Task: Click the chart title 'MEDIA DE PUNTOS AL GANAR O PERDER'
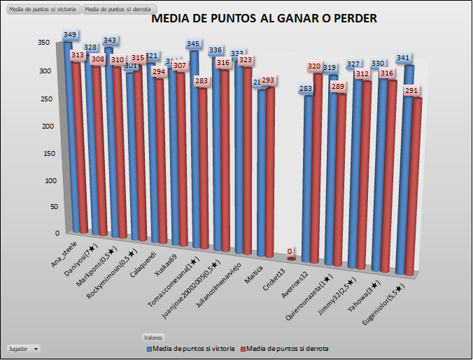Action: (x=264, y=19)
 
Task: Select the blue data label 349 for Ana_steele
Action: (x=70, y=34)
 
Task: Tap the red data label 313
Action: (x=78, y=55)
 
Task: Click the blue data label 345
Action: (x=193, y=44)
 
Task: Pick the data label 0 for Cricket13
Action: (x=290, y=252)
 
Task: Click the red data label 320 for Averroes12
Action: (x=313, y=66)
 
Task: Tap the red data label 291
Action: (x=411, y=90)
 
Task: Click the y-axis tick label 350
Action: (x=43, y=43)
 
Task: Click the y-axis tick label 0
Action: (x=48, y=233)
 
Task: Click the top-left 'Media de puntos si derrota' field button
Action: (x=116, y=9)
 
